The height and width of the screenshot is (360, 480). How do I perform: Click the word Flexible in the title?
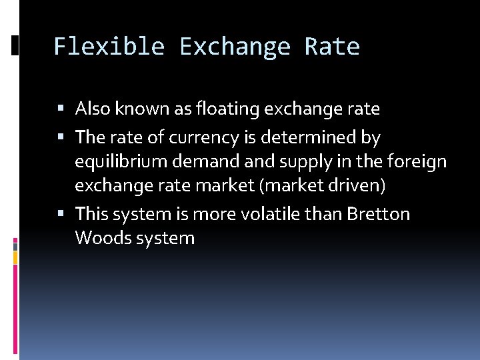(x=109, y=47)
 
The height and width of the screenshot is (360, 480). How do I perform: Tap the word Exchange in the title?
(x=235, y=47)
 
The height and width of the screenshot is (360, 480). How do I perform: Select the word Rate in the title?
(x=332, y=47)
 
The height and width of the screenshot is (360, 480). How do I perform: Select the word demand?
(x=195, y=162)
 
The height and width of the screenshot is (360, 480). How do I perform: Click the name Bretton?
(x=379, y=214)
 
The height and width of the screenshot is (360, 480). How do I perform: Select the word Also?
(x=92, y=108)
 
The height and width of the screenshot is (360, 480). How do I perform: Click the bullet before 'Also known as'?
(x=61, y=108)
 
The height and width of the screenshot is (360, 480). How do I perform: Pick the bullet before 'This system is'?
(x=61, y=214)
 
